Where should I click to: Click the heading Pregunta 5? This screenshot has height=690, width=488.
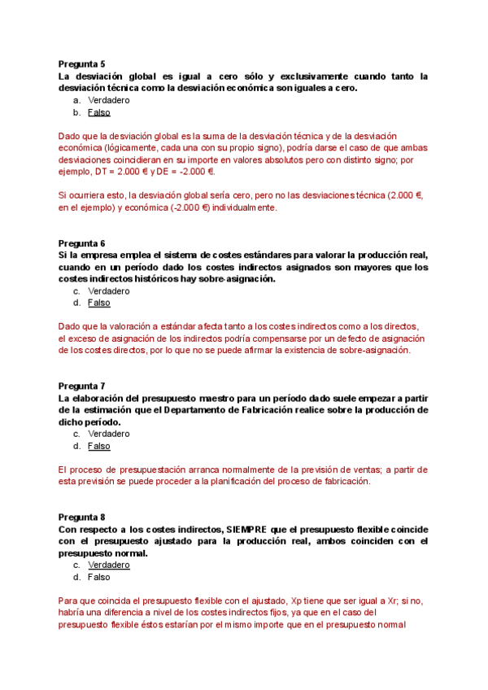click(81, 63)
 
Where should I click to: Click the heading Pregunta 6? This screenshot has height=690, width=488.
click(81, 243)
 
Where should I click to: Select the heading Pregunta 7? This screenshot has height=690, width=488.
click(81, 386)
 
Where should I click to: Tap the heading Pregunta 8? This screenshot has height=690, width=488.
click(81, 517)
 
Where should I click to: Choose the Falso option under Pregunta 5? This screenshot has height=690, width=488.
click(98, 112)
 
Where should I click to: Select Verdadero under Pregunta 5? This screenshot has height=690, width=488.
click(108, 100)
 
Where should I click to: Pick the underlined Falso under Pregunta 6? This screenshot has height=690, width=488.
click(98, 303)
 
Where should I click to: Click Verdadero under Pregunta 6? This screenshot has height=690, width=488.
click(108, 290)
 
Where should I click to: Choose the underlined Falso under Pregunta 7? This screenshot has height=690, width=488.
click(98, 446)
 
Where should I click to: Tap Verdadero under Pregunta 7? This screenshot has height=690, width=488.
click(108, 434)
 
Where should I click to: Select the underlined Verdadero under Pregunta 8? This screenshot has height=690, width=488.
click(108, 565)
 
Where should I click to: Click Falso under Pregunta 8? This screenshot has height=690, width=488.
click(98, 577)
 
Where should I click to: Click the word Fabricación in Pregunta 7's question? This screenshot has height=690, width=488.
click(266, 410)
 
